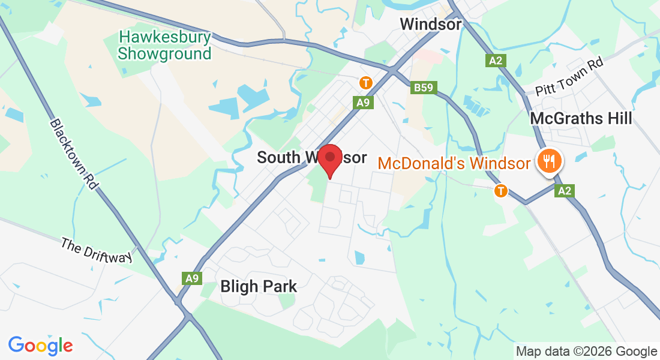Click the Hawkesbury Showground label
(164, 46)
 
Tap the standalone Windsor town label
(431, 25)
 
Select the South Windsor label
(311, 157)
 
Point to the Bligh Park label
(259, 286)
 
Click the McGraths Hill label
(581, 119)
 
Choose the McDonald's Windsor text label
(454, 163)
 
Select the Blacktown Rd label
(73, 154)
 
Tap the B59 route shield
(424, 88)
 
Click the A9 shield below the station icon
(364, 103)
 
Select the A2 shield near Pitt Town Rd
(494, 60)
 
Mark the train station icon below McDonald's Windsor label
(500, 191)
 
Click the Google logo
(41, 345)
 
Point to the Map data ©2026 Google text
(586, 351)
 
